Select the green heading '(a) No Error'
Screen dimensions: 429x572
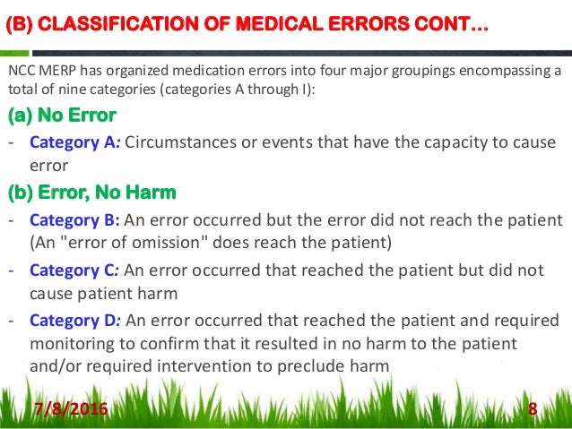[62, 116]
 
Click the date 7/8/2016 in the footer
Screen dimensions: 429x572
[70, 410]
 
